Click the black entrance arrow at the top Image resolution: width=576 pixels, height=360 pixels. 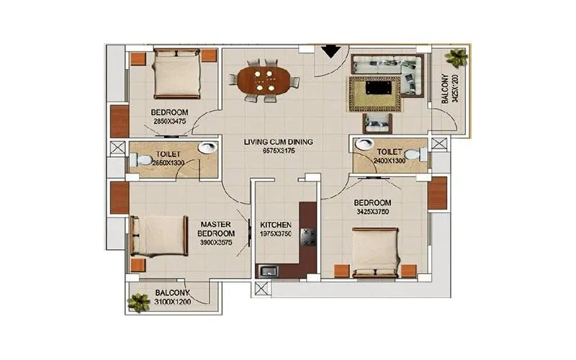tap(330, 51)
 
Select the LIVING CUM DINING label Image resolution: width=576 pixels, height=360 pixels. tap(278, 142)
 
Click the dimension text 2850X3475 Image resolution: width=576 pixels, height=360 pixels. tap(170, 122)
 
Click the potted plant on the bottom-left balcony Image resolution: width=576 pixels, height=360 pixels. tap(138, 302)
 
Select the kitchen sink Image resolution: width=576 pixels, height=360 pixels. tap(269, 271)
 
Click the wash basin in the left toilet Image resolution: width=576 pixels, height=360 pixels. tap(207, 148)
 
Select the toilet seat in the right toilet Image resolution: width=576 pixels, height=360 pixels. tap(411, 153)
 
